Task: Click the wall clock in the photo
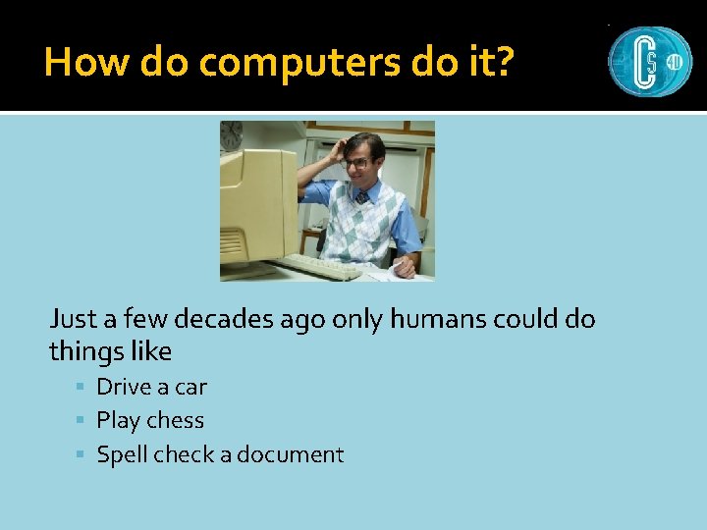[x=232, y=135]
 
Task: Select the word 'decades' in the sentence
[x=222, y=319]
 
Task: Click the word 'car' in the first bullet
[x=190, y=387]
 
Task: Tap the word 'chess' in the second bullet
[x=176, y=420]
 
